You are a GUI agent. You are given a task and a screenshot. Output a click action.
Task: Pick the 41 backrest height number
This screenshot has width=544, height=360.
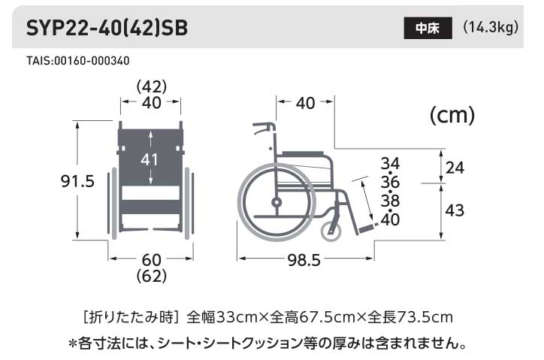[x=151, y=159]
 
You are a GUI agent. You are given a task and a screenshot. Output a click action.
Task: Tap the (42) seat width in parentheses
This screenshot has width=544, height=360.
[x=151, y=87]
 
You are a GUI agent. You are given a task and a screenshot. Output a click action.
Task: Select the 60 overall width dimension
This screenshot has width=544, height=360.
[x=152, y=260]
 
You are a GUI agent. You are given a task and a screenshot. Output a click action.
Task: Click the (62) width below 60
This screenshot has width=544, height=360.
[x=152, y=276]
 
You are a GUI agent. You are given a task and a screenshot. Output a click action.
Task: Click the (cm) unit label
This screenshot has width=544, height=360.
[x=452, y=116]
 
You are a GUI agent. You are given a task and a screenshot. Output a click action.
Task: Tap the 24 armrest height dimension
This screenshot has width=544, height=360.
[x=455, y=167]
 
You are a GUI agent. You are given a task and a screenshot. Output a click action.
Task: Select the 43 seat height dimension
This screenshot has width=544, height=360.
[x=455, y=211]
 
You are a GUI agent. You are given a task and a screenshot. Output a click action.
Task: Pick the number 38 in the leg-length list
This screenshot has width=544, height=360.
[x=390, y=201]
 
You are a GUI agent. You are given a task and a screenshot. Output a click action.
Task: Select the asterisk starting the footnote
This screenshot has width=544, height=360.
[x=73, y=344]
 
